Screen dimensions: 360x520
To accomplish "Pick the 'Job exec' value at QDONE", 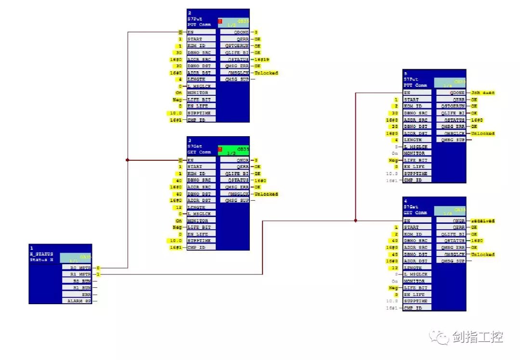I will coord(482,92).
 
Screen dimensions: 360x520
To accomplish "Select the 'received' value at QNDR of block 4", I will coord(483,221).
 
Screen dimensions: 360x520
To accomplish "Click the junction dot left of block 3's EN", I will coord(127,160).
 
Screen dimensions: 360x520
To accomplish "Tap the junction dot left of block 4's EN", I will coord(355,220).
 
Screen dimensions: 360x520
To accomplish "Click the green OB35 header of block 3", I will coord(234,150).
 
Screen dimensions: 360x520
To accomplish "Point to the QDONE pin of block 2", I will coord(234,32).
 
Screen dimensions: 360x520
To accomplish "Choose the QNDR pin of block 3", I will coord(234,160).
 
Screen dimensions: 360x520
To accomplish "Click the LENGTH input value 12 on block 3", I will coord(180,207).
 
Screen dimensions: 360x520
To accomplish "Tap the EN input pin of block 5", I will coord(417,92).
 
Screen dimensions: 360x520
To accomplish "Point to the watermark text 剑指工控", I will coord(477,337).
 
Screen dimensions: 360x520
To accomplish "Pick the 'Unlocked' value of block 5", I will coord(482,133).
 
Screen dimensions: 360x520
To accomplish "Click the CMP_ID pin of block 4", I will coord(417,308).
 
